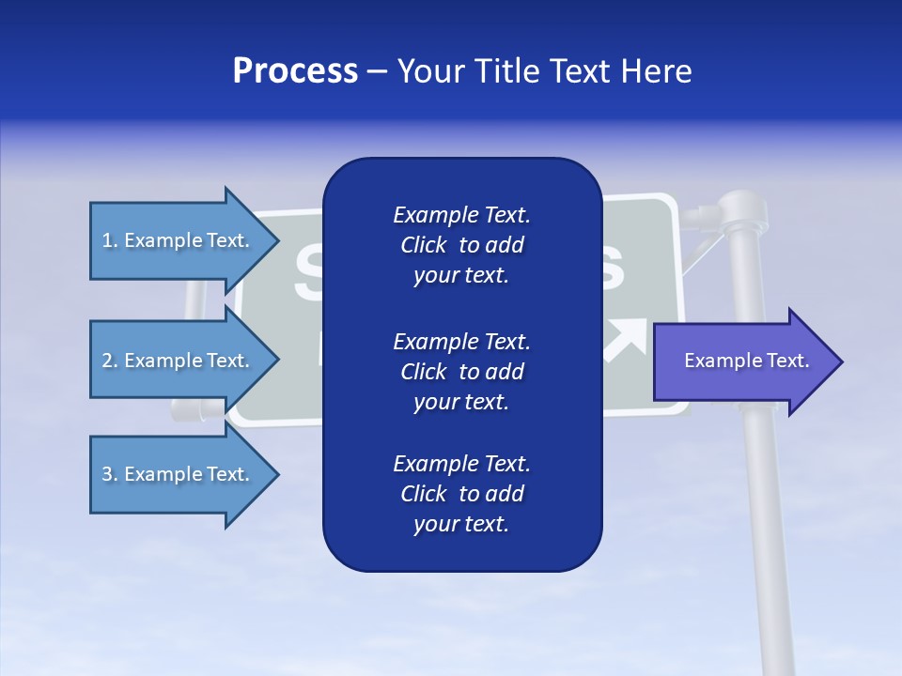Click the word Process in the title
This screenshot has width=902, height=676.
click(295, 71)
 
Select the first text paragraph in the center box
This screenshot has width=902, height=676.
click(461, 245)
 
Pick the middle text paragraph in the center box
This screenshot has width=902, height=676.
click(461, 372)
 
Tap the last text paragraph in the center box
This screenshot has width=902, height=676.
click(461, 494)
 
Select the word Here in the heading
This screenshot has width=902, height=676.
click(657, 71)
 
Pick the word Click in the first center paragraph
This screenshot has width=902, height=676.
click(424, 246)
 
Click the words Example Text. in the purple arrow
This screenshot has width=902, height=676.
click(747, 361)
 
